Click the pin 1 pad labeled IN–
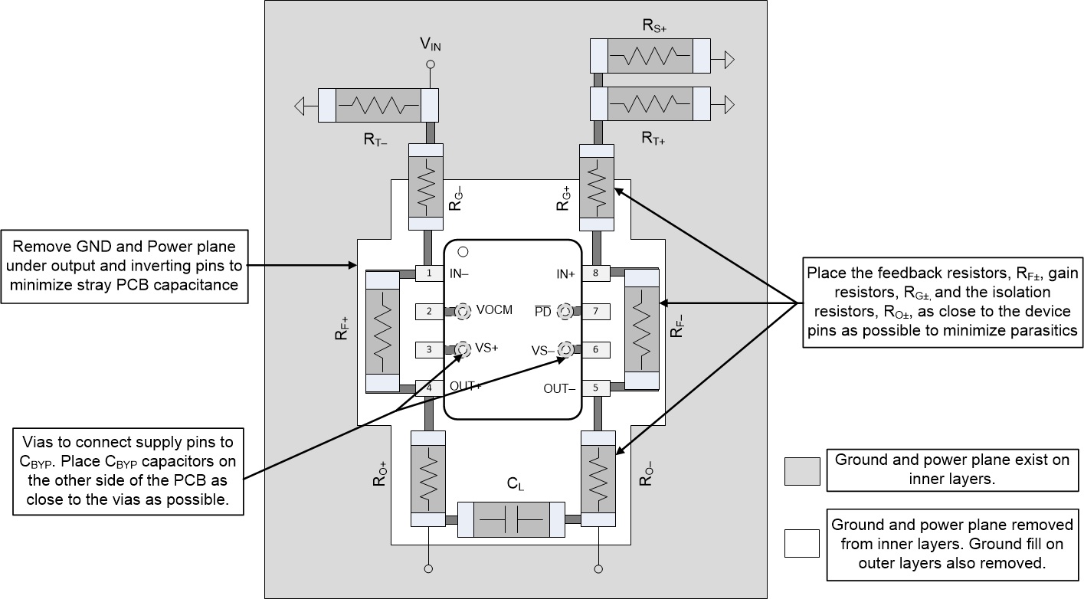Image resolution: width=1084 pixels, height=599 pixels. [x=429, y=273]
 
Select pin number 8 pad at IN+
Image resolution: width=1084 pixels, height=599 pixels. [x=594, y=273]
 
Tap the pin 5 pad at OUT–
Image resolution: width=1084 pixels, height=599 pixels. [x=594, y=388]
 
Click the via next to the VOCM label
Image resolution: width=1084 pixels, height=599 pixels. [x=463, y=311]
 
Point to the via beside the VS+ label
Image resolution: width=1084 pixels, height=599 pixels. [x=463, y=350]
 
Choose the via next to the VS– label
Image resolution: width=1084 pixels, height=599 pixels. [x=565, y=350]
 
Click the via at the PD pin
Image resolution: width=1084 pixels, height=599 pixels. [x=565, y=311]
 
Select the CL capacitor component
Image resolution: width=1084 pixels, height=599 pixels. [x=510, y=520]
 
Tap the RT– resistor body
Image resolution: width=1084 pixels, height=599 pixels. [x=378, y=105]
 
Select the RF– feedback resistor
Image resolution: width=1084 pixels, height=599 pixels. [x=642, y=330]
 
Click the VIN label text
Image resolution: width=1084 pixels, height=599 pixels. [x=430, y=44]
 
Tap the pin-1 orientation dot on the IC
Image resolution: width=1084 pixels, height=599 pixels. [x=463, y=251]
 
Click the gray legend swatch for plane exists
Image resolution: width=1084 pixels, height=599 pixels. [x=802, y=470]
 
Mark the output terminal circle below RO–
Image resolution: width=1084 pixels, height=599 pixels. [x=598, y=568]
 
